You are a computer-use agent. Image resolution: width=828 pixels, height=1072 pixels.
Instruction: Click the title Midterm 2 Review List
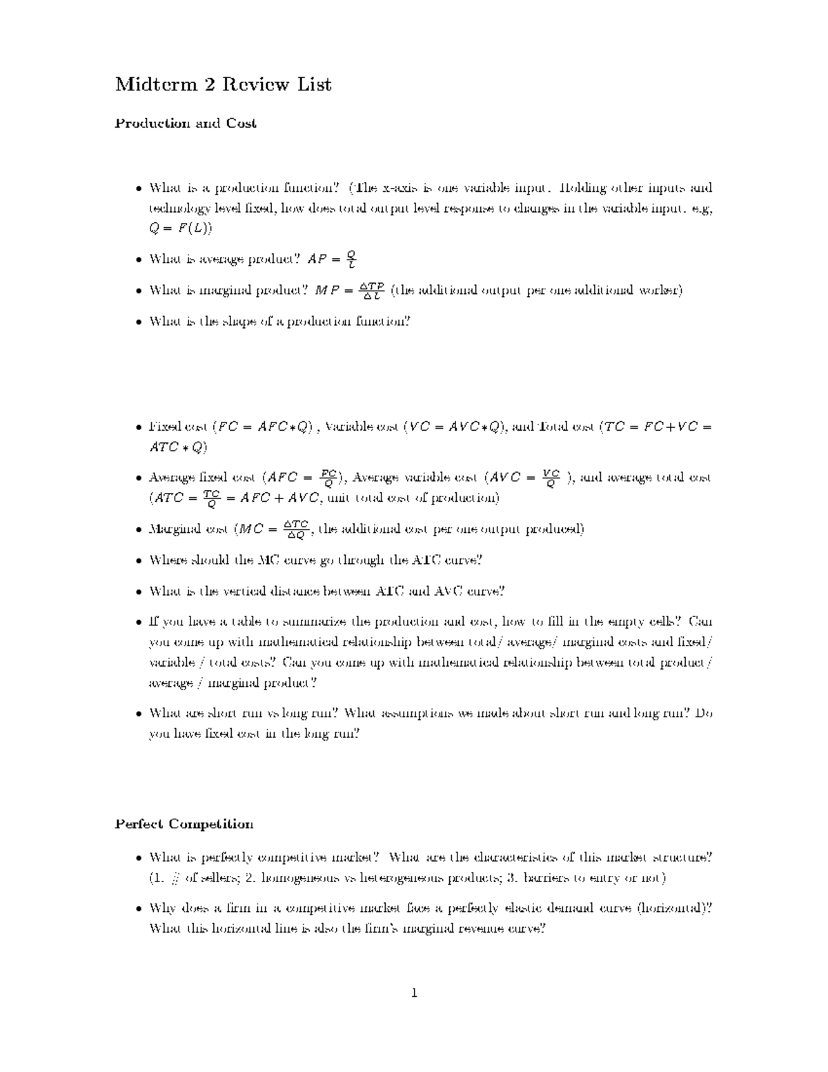[x=223, y=85]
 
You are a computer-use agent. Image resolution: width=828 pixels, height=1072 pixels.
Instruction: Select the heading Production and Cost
[x=186, y=124]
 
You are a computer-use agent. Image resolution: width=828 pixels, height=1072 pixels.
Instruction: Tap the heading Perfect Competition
[x=184, y=824]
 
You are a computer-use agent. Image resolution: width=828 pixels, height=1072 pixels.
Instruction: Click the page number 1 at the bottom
[x=414, y=993]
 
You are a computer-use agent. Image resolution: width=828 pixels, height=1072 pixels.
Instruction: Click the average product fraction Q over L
[x=352, y=260]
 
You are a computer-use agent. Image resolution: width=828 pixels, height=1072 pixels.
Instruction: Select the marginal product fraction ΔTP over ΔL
[x=373, y=291]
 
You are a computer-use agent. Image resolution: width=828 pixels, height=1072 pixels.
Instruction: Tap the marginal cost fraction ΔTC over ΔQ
[x=297, y=529]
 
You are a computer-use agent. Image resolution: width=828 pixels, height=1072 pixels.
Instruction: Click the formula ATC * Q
[x=177, y=447]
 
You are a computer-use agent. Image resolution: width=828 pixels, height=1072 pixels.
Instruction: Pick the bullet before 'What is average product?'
[x=139, y=260]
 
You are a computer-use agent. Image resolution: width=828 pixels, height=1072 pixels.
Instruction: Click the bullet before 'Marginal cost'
[x=139, y=529]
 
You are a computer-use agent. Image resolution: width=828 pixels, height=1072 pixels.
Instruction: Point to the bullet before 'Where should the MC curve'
[x=139, y=561]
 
